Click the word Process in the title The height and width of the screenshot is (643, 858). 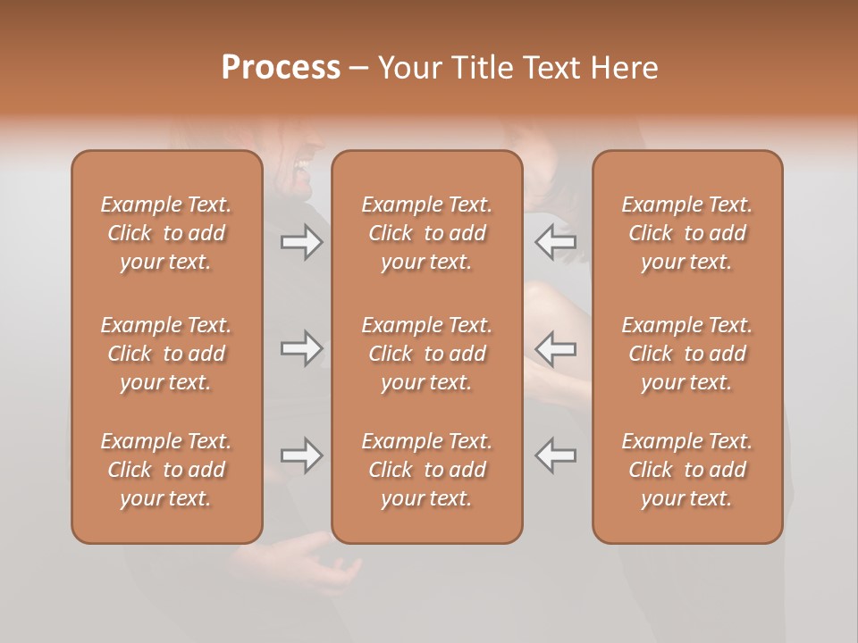click(281, 68)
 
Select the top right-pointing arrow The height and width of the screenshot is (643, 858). click(301, 242)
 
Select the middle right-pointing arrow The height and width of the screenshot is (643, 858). click(301, 348)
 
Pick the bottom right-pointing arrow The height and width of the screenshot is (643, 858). click(301, 455)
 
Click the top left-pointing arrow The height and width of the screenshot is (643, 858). click(556, 242)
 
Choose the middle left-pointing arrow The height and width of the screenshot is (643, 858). click(556, 348)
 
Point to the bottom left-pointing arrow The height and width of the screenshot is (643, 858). click(556, 455)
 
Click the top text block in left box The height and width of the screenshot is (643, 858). click(166, 233)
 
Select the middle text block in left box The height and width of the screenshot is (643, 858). click(166, 354)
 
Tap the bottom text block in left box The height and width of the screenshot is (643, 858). click(166, 470)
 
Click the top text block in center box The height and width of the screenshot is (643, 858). click(426, 233)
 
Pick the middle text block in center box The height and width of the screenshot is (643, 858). click(426, 354)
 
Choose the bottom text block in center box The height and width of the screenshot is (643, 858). click(426, 470)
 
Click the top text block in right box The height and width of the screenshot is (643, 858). click(686, 233)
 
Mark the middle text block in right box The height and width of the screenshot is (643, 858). click(686, 354)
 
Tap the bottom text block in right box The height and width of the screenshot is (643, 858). click(686, 470)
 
